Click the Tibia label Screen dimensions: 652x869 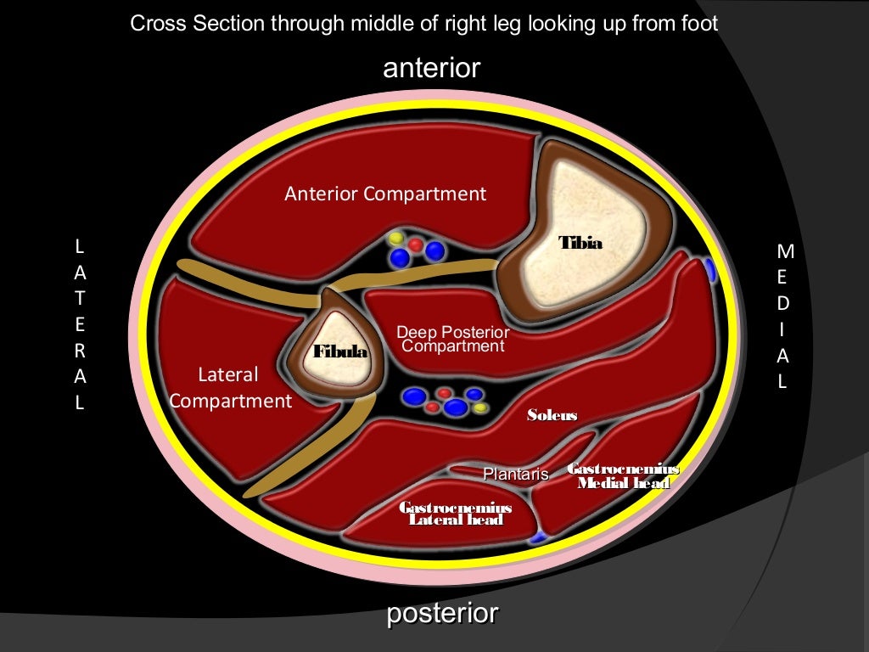coord(580,244)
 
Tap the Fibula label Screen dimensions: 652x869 coord(341,351)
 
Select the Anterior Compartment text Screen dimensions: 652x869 coord(385,194)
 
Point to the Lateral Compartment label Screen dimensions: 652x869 coord(230,387)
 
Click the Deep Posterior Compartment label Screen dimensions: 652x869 coord(453,340)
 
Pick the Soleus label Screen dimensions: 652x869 coord(552,416)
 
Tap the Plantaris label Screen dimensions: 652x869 coord(515,475)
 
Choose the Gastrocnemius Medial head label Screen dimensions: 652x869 coord(623,476)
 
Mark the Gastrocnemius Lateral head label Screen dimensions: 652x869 coord(456,514)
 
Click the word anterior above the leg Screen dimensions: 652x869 coord(432,68)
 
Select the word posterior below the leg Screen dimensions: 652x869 coord(442,614)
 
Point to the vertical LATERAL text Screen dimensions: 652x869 coord(80,325)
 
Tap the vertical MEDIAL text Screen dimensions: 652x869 coord(784,317)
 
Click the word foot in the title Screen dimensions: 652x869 coord(699,23)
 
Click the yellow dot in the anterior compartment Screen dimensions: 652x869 coord(397,239)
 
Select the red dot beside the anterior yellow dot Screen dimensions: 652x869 coord(416,244)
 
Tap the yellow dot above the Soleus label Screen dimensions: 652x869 coord(481,407)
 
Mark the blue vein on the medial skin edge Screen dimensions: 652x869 coord(709,271)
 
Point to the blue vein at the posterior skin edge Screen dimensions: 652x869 coord(536,537)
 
